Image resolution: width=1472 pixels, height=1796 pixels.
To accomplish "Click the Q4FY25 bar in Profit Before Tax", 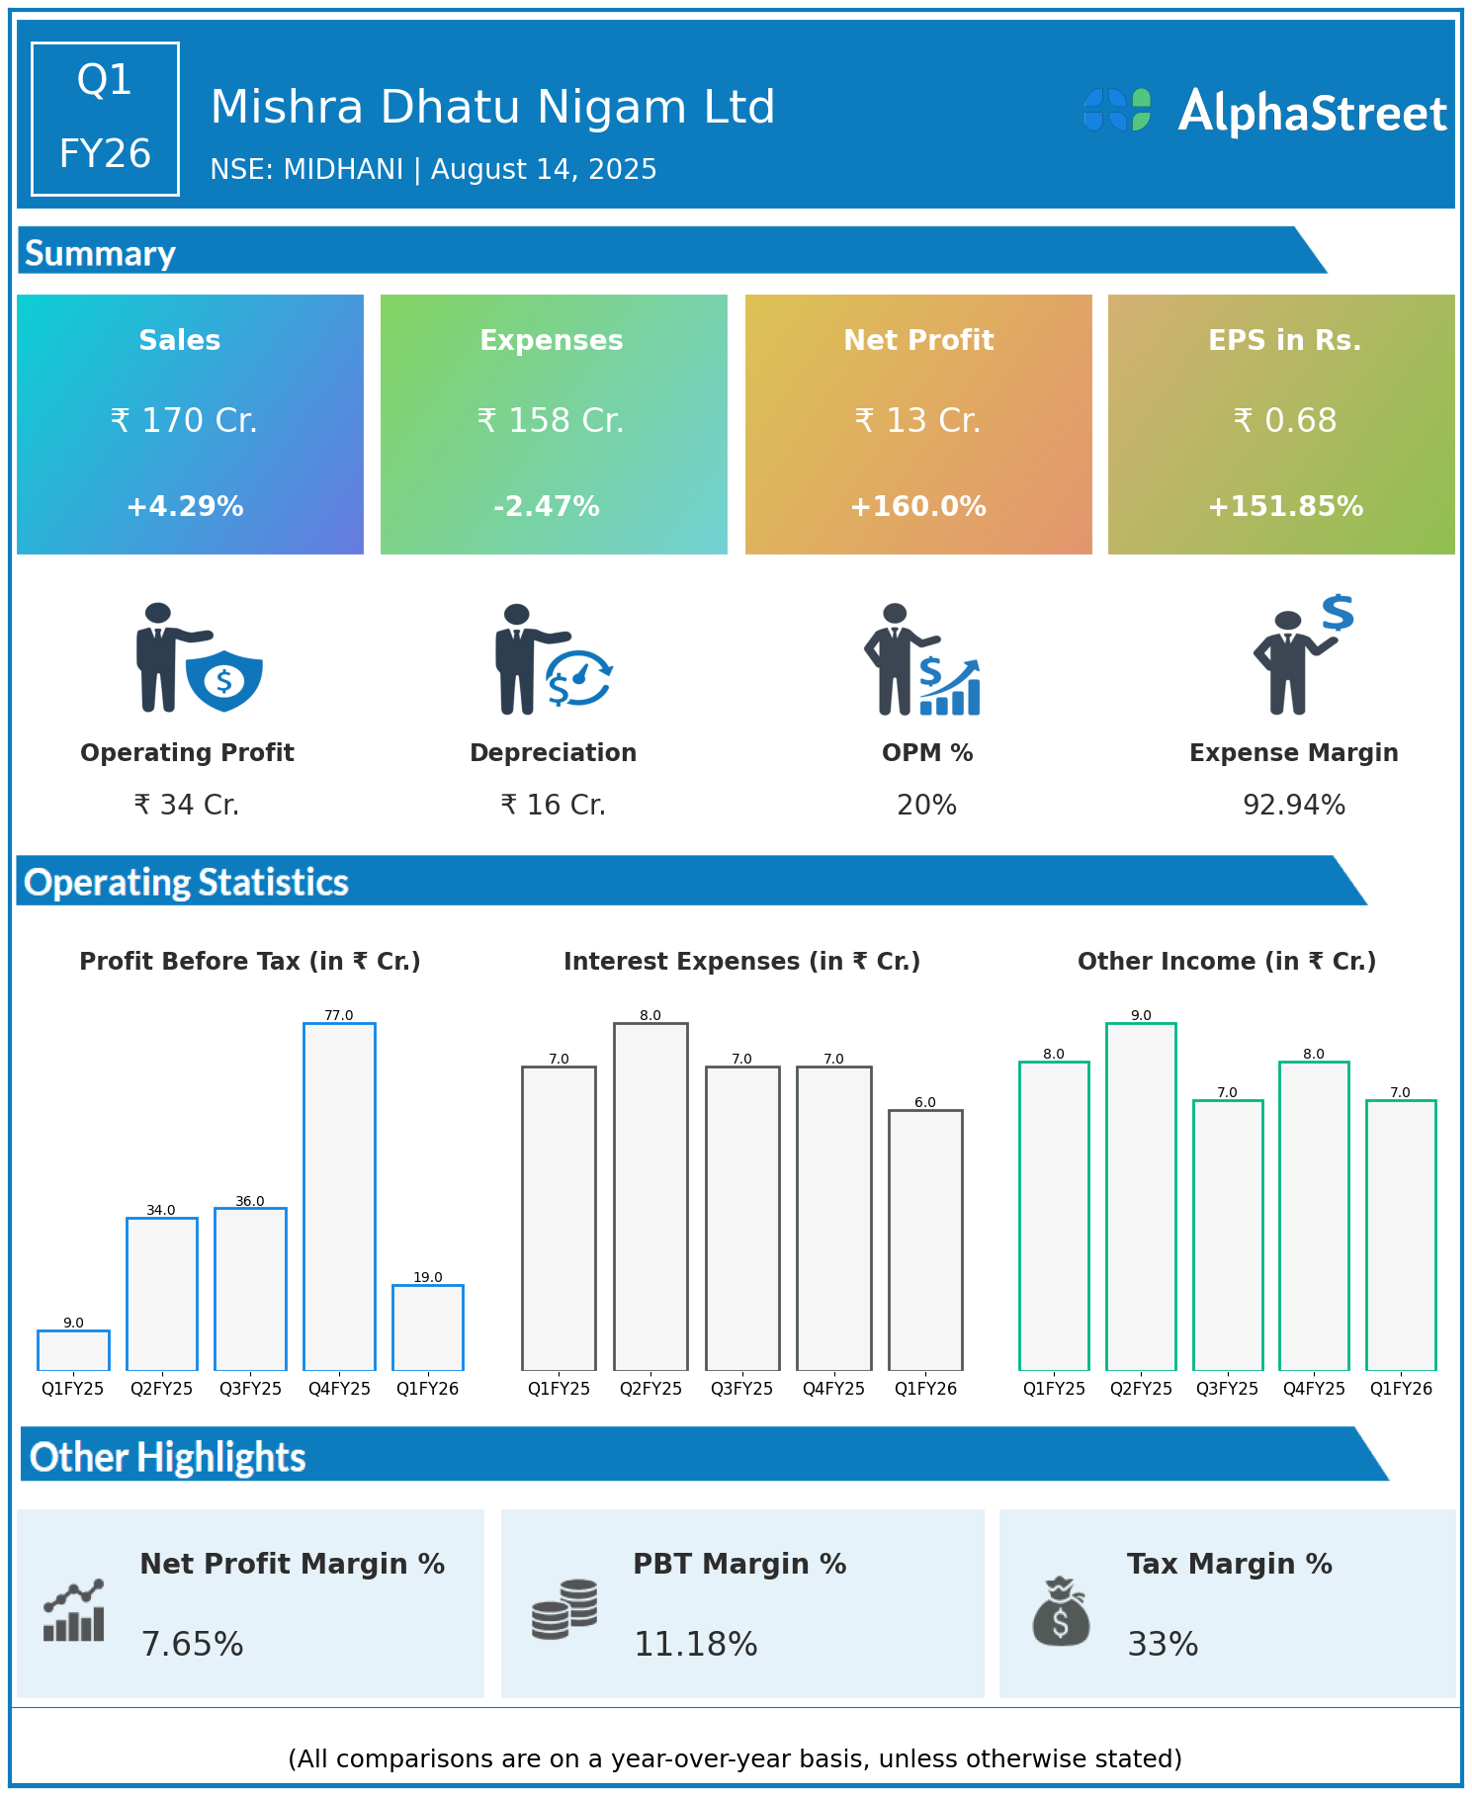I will coord(339,1196).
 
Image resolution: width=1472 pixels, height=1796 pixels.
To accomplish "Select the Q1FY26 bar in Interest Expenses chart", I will coord(925,1240).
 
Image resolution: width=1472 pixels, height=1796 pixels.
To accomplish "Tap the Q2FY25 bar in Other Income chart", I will coord(1141,1196).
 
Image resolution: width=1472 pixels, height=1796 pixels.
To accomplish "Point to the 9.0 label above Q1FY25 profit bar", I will coord(73,1323).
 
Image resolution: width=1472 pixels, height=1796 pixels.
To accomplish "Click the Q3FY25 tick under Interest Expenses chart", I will coord(741,1389).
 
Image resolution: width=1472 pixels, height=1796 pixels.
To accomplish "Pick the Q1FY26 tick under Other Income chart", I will coord(1401,1389).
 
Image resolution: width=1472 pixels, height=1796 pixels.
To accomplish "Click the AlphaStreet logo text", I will coord(1312,113).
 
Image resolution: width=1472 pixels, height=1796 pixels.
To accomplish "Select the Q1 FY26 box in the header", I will coord(105,119).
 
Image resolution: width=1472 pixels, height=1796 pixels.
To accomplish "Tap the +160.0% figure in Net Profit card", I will coord(918,507).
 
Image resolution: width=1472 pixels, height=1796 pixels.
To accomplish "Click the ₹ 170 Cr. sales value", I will coord(184,421).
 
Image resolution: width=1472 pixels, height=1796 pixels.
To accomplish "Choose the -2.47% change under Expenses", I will coord(547,507).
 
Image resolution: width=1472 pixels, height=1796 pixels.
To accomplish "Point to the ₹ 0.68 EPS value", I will coord(1285,421).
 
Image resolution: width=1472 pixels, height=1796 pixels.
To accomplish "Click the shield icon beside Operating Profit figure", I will coord(224,680).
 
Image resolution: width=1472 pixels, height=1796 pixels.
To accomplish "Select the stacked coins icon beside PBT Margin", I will coord(564,1609).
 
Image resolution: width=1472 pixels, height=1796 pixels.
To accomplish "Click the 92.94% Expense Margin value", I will coord(1294,806).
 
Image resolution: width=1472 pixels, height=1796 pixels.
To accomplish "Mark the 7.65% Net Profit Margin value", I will coord(193,1644).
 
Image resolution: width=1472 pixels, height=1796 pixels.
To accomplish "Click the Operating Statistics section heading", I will coord(187,882).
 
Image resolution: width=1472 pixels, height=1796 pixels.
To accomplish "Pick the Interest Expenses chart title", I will coord(741,962).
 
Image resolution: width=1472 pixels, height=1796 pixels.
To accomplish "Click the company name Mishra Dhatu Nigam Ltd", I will coord(492,107).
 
